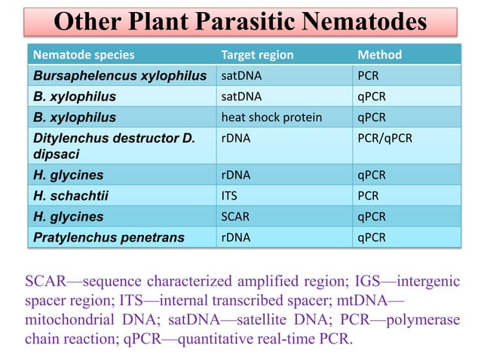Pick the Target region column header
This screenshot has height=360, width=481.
257,55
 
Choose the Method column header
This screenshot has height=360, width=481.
379,55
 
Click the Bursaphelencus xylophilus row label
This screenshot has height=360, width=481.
120,76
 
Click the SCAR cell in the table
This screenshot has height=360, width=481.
235,217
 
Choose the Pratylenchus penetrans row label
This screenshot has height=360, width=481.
109,238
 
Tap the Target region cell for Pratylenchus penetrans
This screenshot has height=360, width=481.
235,238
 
